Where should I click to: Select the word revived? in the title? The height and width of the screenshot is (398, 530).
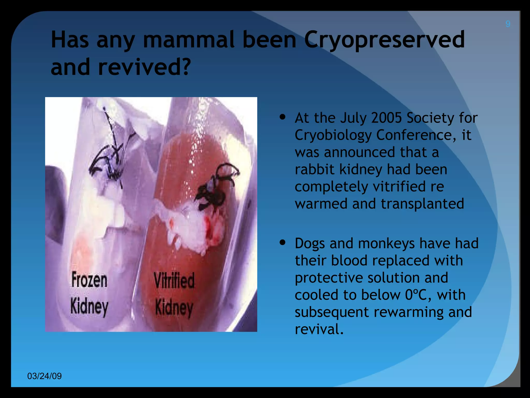point(144,67)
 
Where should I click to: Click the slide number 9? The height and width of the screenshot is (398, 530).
point(508,24)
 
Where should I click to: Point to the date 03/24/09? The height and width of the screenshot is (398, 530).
point(45,376)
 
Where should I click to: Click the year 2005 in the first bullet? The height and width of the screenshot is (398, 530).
point(386,118)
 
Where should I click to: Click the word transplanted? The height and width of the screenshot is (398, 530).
point(422,204)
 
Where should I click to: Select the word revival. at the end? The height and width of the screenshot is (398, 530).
point(319,329)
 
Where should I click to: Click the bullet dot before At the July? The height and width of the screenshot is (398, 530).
point(283,117)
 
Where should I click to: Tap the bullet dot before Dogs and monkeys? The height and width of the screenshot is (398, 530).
point(283,243)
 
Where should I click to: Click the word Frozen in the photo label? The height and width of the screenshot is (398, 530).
point(89,280)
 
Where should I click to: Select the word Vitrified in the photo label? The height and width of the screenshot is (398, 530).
point(174,281)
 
